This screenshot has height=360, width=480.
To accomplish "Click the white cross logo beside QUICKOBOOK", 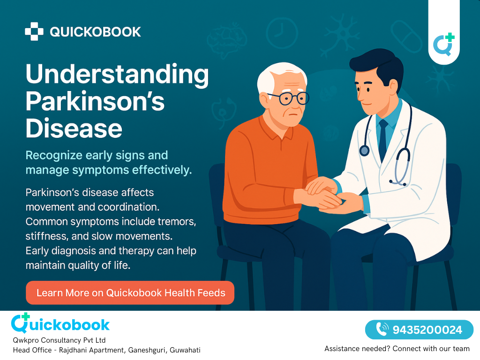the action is point(34,31).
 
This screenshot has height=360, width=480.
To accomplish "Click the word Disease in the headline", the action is point(74,128).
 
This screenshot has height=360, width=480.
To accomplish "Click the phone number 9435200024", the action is point(427,330).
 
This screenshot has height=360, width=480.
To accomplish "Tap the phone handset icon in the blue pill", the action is point(382,330).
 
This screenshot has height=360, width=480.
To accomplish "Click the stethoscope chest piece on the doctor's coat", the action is point(364,150).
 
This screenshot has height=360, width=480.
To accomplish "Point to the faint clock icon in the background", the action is point(282,33).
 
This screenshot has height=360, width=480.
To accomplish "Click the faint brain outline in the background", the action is point(227,40).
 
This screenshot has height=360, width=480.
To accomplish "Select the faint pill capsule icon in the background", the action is point(407,37).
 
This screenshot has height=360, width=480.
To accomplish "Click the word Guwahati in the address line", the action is point(185,350).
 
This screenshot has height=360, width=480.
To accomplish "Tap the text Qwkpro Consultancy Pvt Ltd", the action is point(59,340).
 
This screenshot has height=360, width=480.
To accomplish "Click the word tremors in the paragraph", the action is point(177,222).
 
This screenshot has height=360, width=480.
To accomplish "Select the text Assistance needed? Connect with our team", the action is point(397,349).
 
